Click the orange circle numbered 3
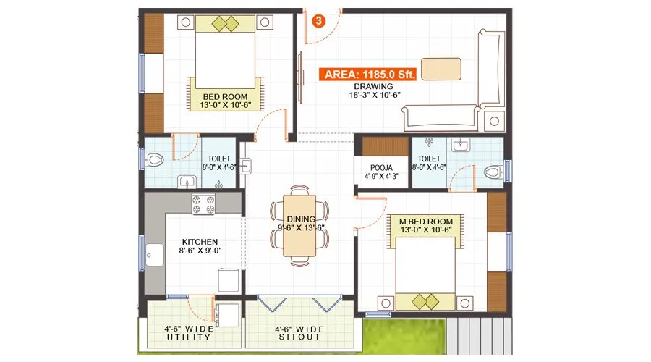tap(318, 20)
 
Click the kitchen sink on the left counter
tap(154, 256)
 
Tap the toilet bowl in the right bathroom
tap(493, 172)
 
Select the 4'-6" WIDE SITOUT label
tap(298, 332)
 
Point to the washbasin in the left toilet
tap(186, 181)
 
